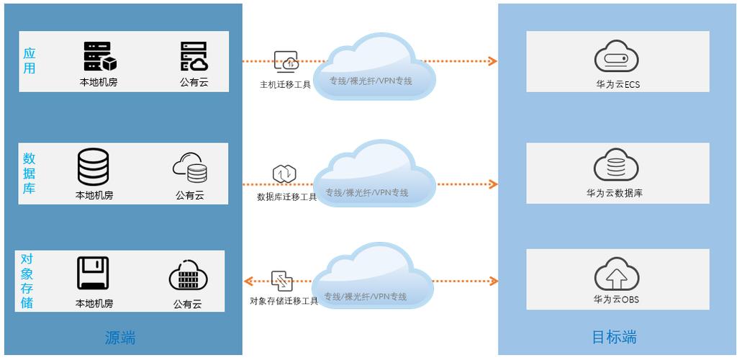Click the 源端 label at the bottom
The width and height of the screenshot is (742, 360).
120,337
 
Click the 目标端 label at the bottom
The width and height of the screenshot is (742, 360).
614,337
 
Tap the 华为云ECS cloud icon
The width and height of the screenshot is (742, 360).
617,58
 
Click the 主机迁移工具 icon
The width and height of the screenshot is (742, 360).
286,62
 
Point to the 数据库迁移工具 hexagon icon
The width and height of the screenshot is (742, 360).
284,174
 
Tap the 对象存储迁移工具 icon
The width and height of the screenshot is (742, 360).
282,281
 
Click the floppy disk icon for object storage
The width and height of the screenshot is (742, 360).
93,273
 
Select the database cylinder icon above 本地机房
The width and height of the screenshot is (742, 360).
94,166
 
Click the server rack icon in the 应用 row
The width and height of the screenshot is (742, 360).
99,56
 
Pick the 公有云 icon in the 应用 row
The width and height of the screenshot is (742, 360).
194,56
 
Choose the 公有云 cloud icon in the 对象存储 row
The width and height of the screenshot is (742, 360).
188,275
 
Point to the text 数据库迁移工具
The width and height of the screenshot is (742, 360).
286,197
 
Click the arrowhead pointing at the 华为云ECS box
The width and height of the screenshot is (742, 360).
493,61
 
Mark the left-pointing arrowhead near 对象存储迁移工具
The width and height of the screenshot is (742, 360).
248,281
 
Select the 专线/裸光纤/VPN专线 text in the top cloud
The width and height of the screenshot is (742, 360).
371,81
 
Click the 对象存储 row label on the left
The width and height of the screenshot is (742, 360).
27,281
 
